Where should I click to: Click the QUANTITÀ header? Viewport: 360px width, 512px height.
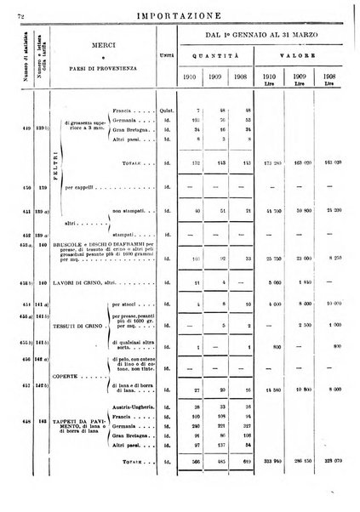click(x=218, y=59)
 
